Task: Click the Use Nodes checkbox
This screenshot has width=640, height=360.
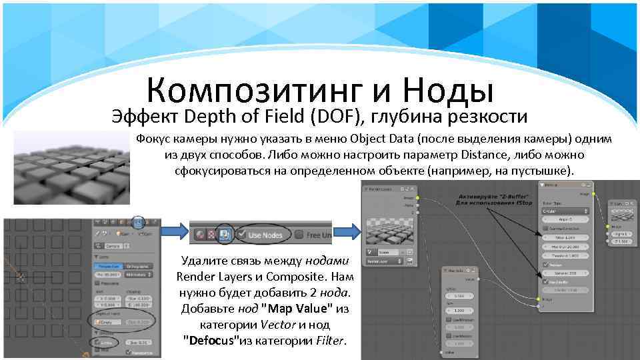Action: click(x=240, y=235)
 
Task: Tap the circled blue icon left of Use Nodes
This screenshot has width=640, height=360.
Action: click(x=225, y=235)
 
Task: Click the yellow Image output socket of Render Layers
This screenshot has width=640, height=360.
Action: click(x=417, y=197)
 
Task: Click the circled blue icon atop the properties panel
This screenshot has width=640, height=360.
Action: click(x=138, y=223)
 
